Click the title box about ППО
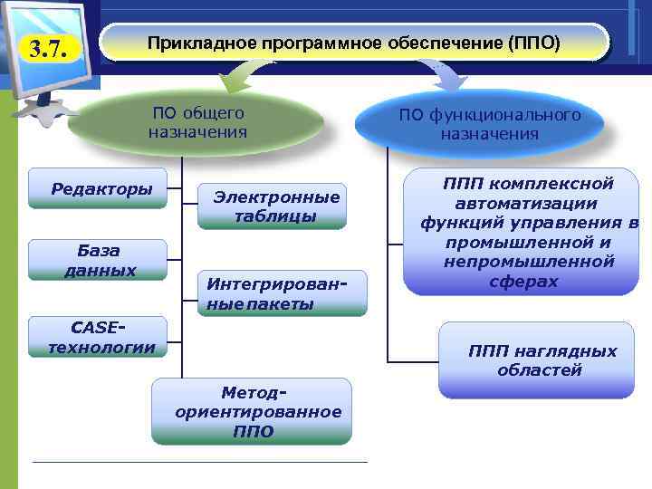click(354, 43)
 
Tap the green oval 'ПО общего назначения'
click(197, 123)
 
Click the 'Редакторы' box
click(100, 188)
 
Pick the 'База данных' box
click(100, 260)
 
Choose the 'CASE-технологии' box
click(100, 337)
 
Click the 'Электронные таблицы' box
click(275, 206)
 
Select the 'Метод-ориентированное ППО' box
click(251, 411)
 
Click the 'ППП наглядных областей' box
click(537, 360)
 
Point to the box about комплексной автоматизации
click(527, 233)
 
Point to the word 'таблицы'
click(275, 216)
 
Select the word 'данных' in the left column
click(100, 270)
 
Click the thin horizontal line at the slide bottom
click(199, 463)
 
